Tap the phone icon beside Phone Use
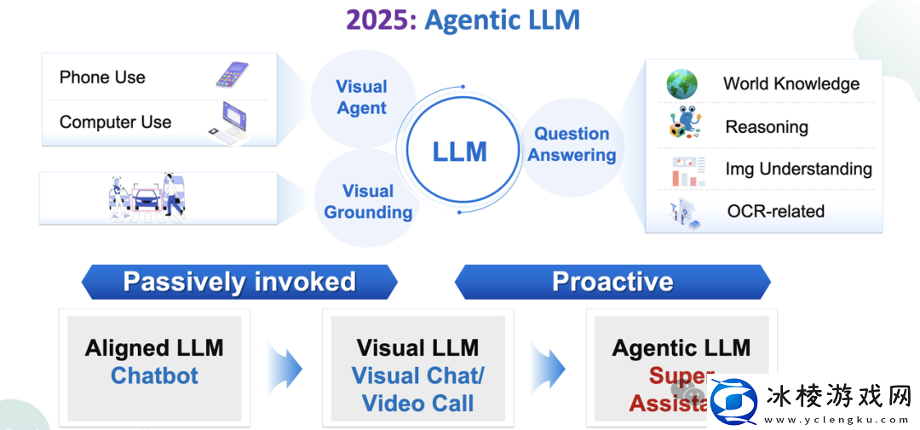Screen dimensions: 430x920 (232, 76)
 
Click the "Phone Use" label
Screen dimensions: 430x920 (102, 77)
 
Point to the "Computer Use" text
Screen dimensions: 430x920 (115, 123)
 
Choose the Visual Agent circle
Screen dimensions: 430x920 (361, 97)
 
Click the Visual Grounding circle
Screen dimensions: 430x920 (368, 202)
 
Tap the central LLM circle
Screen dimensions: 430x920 (460, 152)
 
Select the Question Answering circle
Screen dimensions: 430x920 (572, 145)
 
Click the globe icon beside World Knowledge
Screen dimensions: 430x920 (681, 83)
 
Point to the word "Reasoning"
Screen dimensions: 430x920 (766, 127)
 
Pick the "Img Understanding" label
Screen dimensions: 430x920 (798, 169)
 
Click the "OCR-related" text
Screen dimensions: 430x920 (775, 211)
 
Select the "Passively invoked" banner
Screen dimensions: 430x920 (239, 282)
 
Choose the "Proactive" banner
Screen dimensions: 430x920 (612, 282)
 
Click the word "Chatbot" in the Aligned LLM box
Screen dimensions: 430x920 (154, 376)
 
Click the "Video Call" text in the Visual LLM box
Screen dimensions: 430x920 (417, 403)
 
